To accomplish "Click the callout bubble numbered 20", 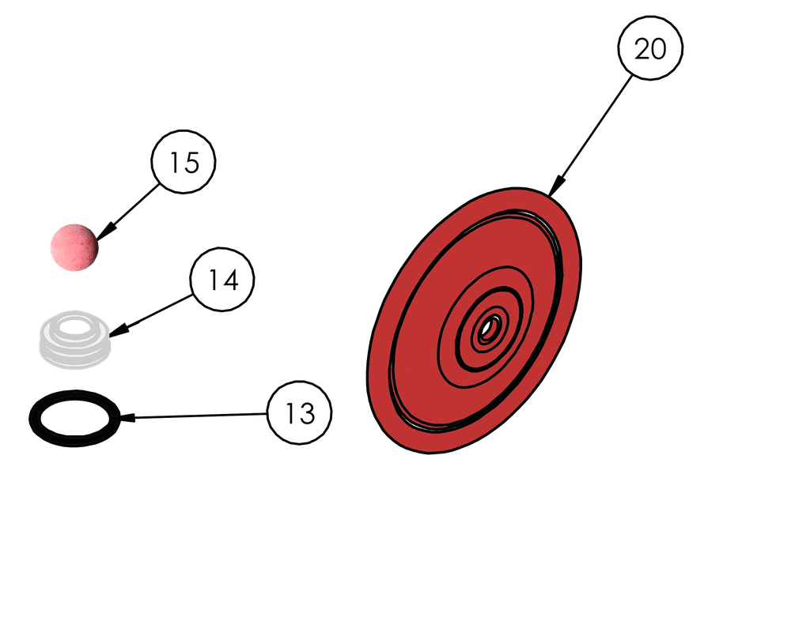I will [x=650, y=48].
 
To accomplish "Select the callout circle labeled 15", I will [x=184, y=162].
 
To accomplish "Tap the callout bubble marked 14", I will [x=223, y=279].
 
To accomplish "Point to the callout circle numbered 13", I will [x=300, y=412].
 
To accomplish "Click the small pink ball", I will [x=74, y=247].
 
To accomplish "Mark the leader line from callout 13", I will [x=198, y=416].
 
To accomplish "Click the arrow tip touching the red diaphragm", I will [x=553, y=190].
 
